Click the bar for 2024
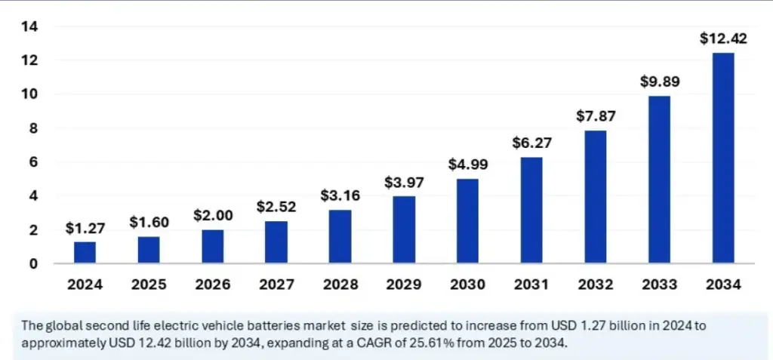point(85,253)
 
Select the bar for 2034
point(722,158)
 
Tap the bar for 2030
point(467,221)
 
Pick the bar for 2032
point(595,197)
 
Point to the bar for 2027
point(276,242)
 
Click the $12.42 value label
point(722,38)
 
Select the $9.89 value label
point(659,82)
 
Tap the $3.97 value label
point(404,182)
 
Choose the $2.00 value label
point(212,215)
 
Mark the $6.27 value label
point(531,143)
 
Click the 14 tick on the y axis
point(31,26)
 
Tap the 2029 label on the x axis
point(404,285)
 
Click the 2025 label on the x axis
point(149,285)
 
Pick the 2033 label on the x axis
point(659,285)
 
